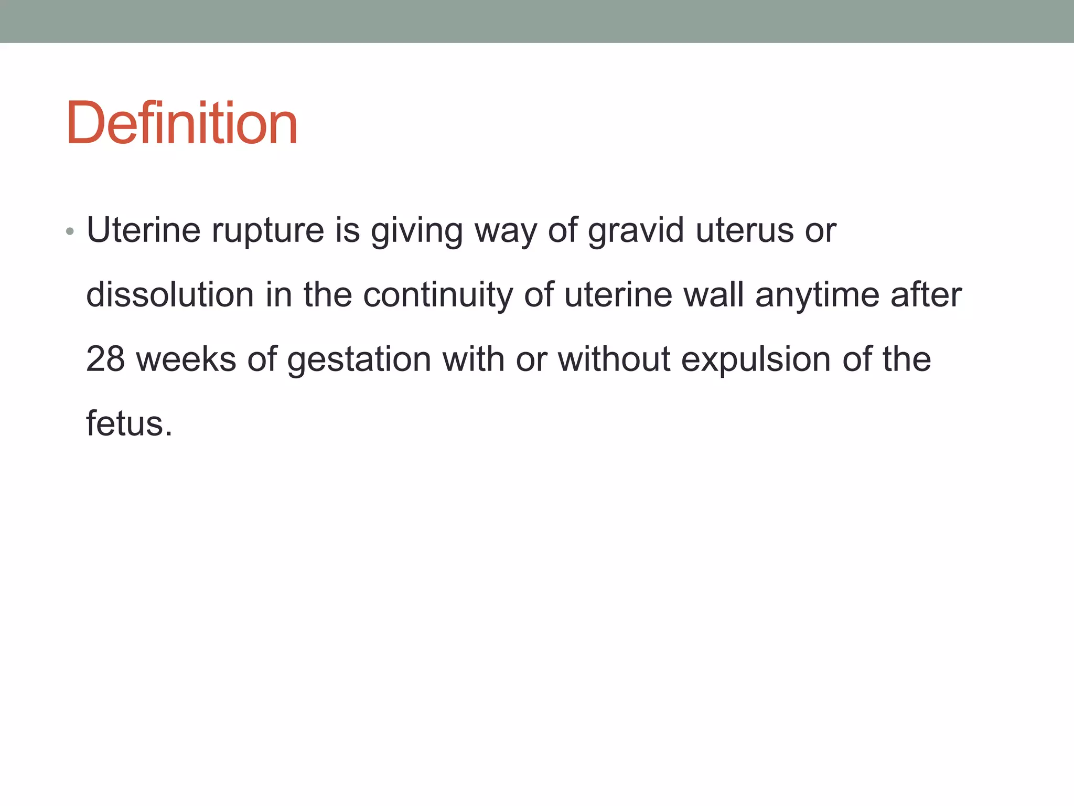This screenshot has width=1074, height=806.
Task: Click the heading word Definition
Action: click(x=181, y=123)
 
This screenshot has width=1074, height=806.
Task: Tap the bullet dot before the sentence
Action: click(x=70, y=231)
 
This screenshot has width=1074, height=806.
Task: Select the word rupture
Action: click(x=268, y=231)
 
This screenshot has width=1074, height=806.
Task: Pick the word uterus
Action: click(x=745, y=231)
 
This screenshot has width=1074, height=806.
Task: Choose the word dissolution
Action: click(x=170, y=295)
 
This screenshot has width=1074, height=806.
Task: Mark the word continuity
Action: click(x=438, y=295)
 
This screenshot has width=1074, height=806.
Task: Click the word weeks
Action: click(x=186, y=359)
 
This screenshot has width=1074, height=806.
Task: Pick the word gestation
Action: click(x=359, y=360)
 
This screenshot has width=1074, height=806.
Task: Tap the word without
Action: click(x=614, y=359)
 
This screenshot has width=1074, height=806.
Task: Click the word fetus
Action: click(x=128, y=423)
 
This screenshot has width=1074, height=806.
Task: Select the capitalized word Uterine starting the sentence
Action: click(x=143, y=231)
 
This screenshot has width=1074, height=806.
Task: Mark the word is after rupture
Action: click(x=347, y=231)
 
